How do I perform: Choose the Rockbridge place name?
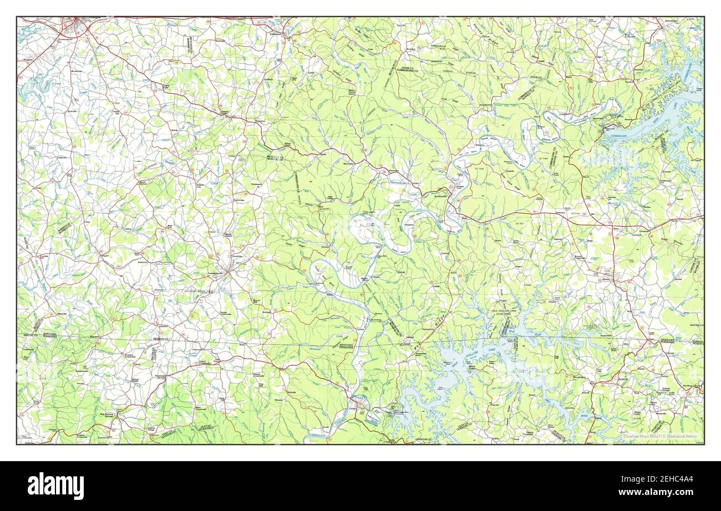point(238,200)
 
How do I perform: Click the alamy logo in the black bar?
point(56,486)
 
